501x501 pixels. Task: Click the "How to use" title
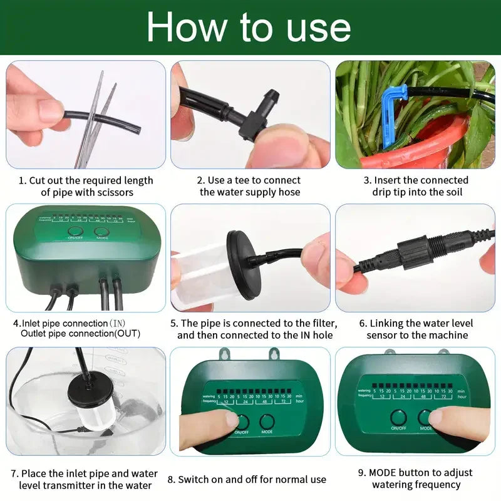(249, 28)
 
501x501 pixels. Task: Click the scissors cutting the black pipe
(94, 119)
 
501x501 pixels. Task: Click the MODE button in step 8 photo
(267, 421)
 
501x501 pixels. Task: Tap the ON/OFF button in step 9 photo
(398, 417)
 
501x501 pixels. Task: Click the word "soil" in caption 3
(451, 192)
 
